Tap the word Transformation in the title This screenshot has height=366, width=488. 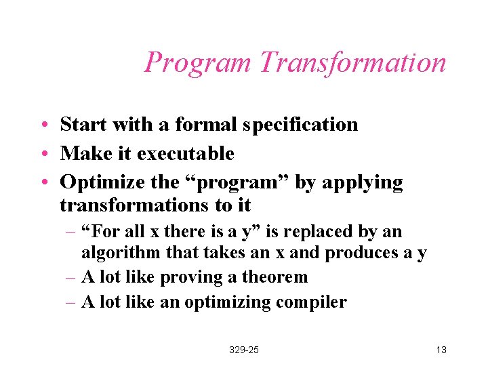pos(352,62)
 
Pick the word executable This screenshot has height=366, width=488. pos(185,154)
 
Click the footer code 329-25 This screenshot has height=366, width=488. pos(244,350)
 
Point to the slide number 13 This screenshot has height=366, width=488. pos(441,350)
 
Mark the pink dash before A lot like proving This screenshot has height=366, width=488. pos(71,277)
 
